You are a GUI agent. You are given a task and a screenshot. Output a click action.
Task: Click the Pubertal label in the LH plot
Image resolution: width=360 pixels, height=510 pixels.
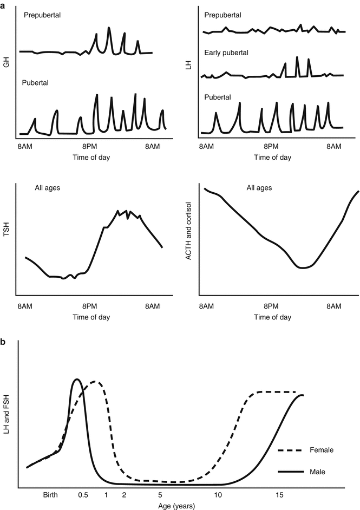tap(218, 97)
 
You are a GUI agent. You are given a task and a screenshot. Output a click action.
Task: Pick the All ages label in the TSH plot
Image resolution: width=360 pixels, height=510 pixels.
tap(45, 188)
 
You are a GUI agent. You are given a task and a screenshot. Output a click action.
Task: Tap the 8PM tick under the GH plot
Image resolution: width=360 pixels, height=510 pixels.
tap(90, 147)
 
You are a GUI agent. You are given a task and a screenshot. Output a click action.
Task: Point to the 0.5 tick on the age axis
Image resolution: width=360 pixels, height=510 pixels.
tap(83, 495)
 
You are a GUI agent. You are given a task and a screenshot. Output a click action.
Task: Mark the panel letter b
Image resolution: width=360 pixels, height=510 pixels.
tap(4, 343)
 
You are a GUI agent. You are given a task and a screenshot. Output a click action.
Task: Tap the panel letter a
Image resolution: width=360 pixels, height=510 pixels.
tap(4, 4)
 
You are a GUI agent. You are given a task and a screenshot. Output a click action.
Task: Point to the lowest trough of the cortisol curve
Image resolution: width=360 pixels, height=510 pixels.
tap(304, 267)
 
